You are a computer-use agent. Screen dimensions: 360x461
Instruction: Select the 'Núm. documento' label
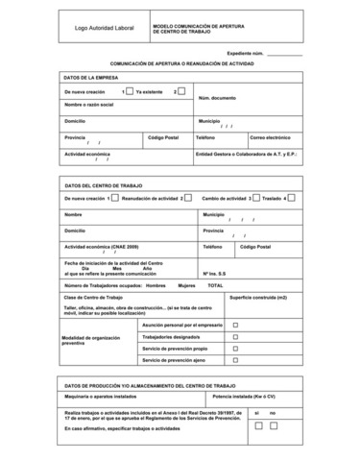[217, 98]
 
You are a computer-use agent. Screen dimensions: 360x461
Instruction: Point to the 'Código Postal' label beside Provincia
[163, 137]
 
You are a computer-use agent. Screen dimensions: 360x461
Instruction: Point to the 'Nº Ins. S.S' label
[214, 274]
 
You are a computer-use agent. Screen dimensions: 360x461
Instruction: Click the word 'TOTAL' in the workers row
[215, 285]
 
